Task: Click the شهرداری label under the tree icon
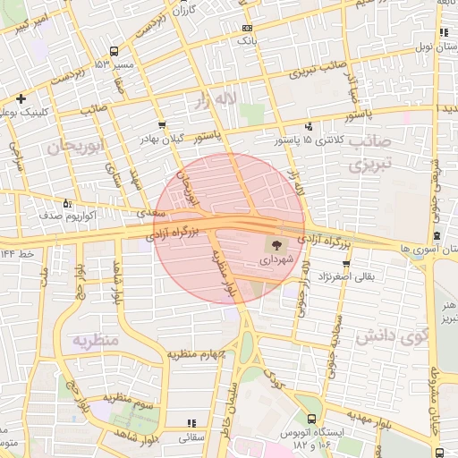coord(275,259)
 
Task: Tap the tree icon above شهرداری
coord(275,243)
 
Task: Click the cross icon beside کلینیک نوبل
coord(20,98)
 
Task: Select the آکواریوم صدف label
coord(52,216)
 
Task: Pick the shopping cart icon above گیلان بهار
coord(161,125)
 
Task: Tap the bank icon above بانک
coord(246,28)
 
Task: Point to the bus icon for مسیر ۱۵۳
coord(114,51)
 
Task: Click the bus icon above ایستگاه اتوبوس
coord(311,419)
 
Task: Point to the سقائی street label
coord(192,438)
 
